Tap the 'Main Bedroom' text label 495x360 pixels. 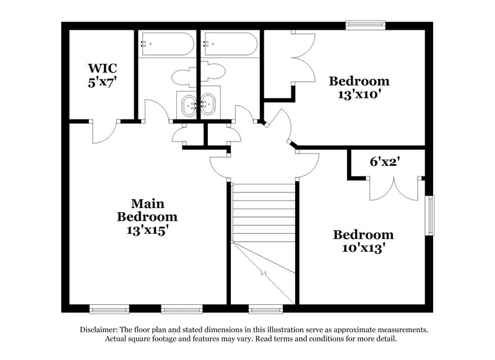click(147, 210)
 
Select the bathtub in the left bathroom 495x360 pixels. click(166, 45)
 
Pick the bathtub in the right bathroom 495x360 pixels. click(230, 45)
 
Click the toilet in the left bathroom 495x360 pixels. click(183, 77)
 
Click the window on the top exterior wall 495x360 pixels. click(365, 25)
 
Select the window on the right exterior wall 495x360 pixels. click(429, 215)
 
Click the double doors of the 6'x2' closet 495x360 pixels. click(395, 189)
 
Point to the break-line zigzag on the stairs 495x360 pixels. click(264, 273)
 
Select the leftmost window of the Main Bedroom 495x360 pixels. click(109, 308)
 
